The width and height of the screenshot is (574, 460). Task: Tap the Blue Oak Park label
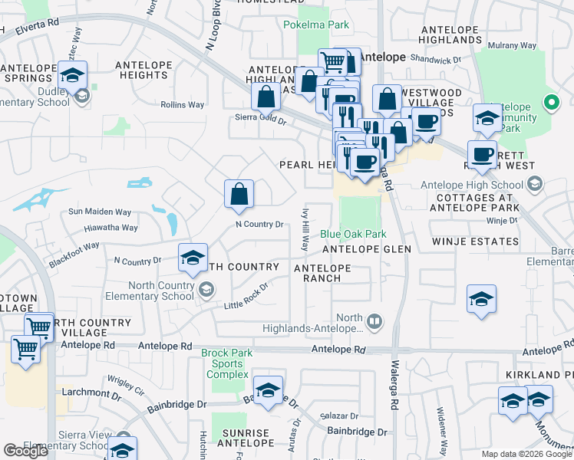click(353, 234)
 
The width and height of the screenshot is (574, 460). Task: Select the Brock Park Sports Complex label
click(226, 363)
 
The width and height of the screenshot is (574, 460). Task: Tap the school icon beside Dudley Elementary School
click(73, 76)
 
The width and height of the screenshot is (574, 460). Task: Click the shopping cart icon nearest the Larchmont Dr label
click(25, 350)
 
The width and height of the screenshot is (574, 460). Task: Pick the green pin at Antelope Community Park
click(550, 101)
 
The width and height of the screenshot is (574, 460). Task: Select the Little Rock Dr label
click(246, 297)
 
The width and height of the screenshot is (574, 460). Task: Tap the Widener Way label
click(442, 430)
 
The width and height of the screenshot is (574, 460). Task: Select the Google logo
click(25, 452)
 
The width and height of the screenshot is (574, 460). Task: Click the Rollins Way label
click(182, 104)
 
